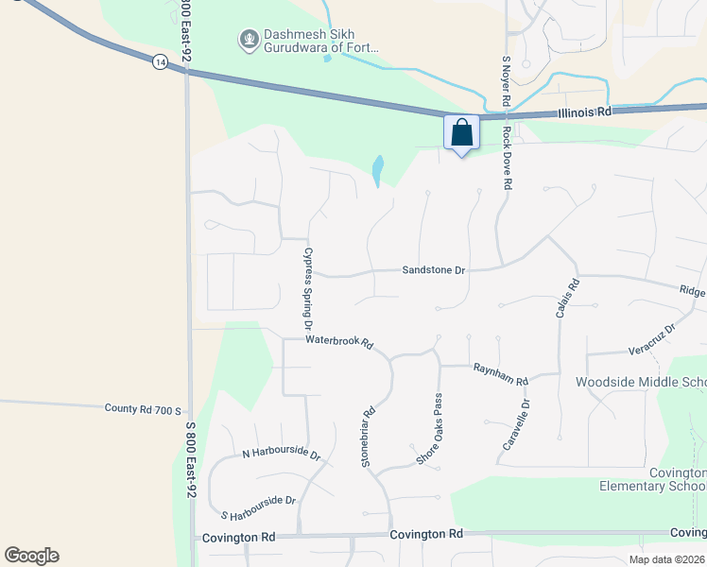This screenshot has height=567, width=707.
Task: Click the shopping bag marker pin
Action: [462, 132]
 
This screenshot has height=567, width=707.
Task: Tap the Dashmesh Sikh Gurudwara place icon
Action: [249, 40]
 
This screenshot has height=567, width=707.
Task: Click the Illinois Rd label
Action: [585, 112]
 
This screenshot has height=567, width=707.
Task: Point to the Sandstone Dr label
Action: [434, 270]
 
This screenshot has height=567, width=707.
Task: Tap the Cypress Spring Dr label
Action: [307, 288]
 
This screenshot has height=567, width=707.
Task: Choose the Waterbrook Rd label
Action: [339, 341]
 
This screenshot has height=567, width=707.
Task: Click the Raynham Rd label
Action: [500, 375]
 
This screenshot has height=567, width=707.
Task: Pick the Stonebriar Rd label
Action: [369, 437]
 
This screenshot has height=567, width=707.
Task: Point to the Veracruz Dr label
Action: [652, 340]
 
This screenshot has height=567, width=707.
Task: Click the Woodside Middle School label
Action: [641, 383]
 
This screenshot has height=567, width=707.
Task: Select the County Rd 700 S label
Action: [144, 409]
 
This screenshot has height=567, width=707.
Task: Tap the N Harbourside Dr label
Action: [281, 454]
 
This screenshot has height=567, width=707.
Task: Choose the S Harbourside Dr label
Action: [258, 508]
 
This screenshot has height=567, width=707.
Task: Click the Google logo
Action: [31, 556]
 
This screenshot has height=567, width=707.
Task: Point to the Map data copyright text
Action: [664, 559]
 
